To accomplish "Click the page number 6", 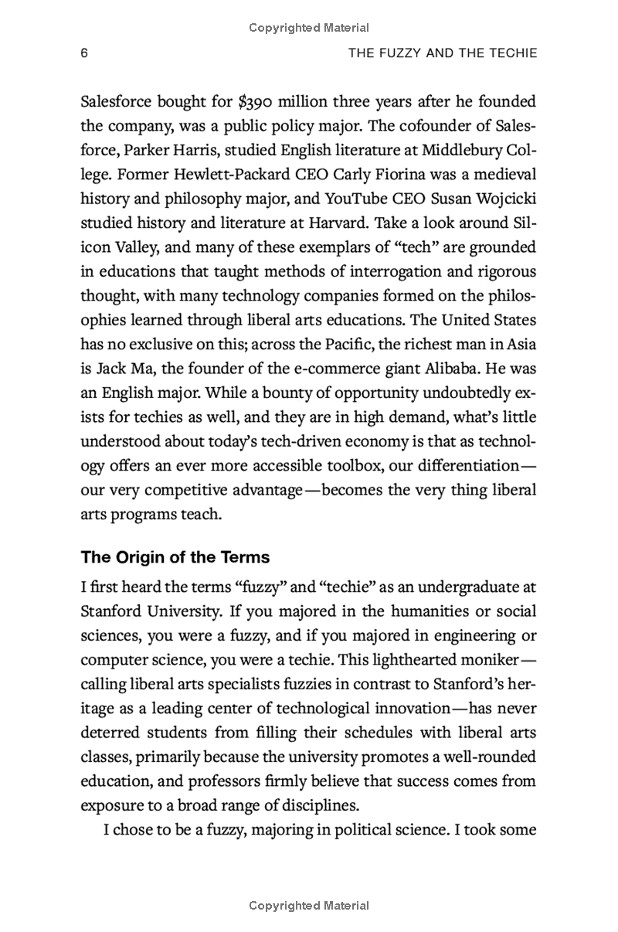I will pyautogui.click(x=85, y=53).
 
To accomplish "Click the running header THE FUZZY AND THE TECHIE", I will pyautogui.click(x=443, y=53).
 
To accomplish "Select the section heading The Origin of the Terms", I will pyautogui.click(x=175, y=557).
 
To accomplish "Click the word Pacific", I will pyautogui.click(x=341, y=344).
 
